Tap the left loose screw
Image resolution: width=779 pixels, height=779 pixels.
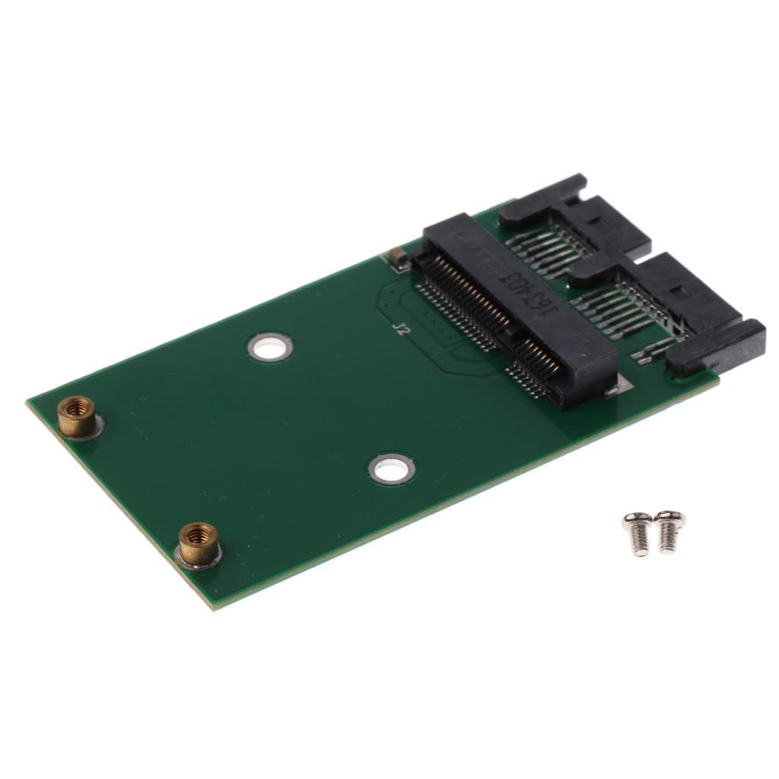(x=638, y=532)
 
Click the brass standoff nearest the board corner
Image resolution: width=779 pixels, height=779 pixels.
(x=198, y=543)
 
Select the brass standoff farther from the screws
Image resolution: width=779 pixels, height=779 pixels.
(x=77, y=416)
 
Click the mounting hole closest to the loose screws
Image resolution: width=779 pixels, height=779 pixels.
(x=392, y=468)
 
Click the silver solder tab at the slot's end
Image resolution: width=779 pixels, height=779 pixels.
(x=613, y=389)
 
